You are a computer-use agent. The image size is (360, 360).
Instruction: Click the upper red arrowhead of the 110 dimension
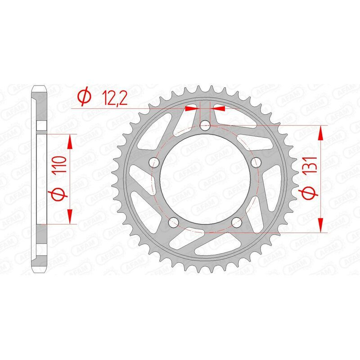tap(70, 142)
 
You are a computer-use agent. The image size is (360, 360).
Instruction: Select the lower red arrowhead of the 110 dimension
tap(70, 216)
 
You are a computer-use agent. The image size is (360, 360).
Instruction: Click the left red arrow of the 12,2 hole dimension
tap(192, 108)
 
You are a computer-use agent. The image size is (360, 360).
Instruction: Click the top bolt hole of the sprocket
tap(206, 125)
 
